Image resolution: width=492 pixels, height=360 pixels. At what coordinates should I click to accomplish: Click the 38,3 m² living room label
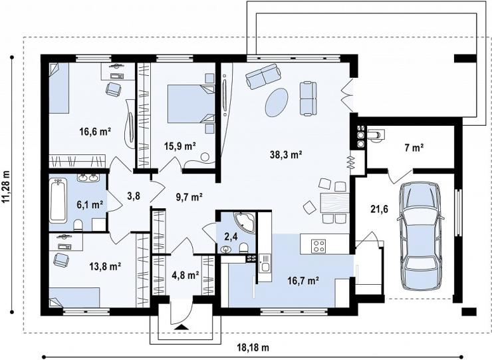(286, 154)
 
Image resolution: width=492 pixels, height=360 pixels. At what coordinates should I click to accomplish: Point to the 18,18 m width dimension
(253, 348)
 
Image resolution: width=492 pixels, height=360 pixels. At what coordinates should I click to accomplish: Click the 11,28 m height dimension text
(6, 187)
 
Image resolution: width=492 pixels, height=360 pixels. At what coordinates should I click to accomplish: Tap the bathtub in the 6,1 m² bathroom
(58, 201)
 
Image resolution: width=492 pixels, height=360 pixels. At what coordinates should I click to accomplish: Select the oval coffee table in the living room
(277, 102)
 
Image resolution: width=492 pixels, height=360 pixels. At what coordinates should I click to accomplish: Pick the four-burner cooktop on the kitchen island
(318, 246)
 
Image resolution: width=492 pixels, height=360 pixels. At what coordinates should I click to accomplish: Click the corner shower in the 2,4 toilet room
(245, 222)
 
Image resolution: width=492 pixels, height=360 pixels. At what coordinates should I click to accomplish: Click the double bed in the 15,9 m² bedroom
(191, 104)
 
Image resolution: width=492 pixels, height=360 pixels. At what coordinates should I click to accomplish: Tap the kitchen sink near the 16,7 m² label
(265, 267)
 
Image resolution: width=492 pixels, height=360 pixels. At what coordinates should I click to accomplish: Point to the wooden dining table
(334, 202)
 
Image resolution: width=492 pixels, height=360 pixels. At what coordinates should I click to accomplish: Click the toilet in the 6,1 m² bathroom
(78, 225)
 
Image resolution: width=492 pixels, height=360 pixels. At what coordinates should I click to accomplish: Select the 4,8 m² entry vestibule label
(185, 275)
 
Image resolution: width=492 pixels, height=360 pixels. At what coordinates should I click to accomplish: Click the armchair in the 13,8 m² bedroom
(61, 260)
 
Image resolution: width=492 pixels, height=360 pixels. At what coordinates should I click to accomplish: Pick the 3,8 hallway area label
(134, 196)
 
